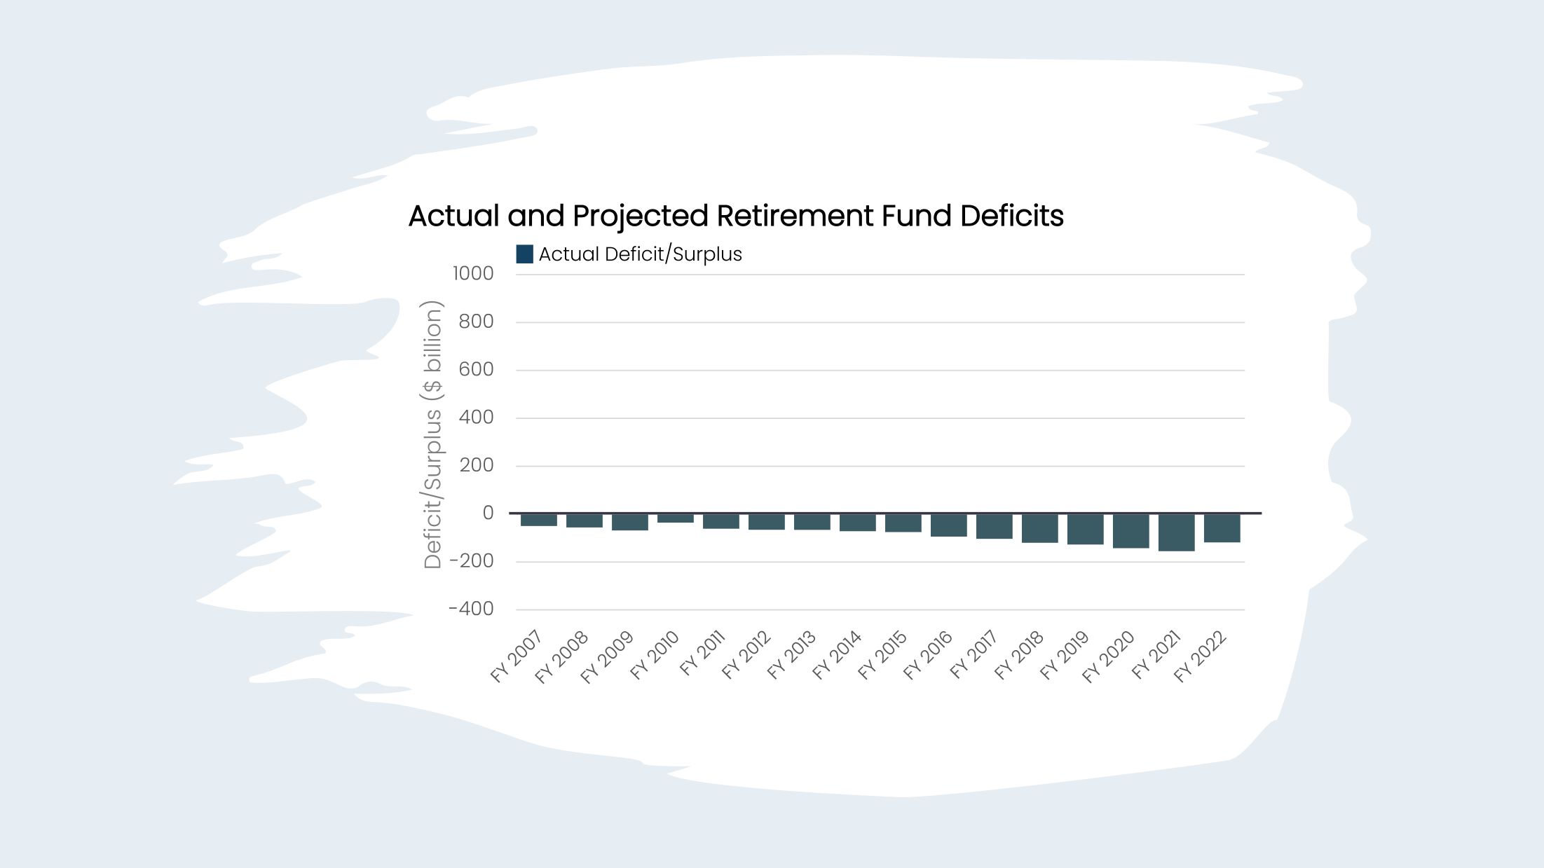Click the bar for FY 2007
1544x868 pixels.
[x=538, y=520]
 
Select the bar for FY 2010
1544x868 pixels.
[x=675, y=518]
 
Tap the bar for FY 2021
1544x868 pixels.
[x=1176, y=532]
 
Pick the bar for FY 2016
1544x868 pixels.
[x=948, y=525]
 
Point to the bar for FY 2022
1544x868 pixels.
[x=1222, y=528]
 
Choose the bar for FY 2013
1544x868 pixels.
[x=812, y=522]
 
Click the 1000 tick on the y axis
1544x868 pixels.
[x=473, y=274]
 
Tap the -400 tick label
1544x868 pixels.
[x=471, y=609]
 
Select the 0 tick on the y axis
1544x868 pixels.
[x=488, y=514]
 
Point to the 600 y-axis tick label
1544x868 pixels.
[x=476, y=370]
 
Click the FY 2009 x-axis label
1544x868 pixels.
[x=607, y=657]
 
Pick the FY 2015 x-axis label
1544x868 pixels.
[x=882, y=656]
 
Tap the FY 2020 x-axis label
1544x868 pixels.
[x=1108, y=657]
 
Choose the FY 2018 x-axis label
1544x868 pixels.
[x=1019, y=656]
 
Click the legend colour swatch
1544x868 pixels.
[x=524, y=254]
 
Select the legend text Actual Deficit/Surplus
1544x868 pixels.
[x=640, y=254]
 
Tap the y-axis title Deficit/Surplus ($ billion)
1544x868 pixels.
[x=433, y=434]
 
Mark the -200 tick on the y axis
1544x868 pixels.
[x=471, y=561]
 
